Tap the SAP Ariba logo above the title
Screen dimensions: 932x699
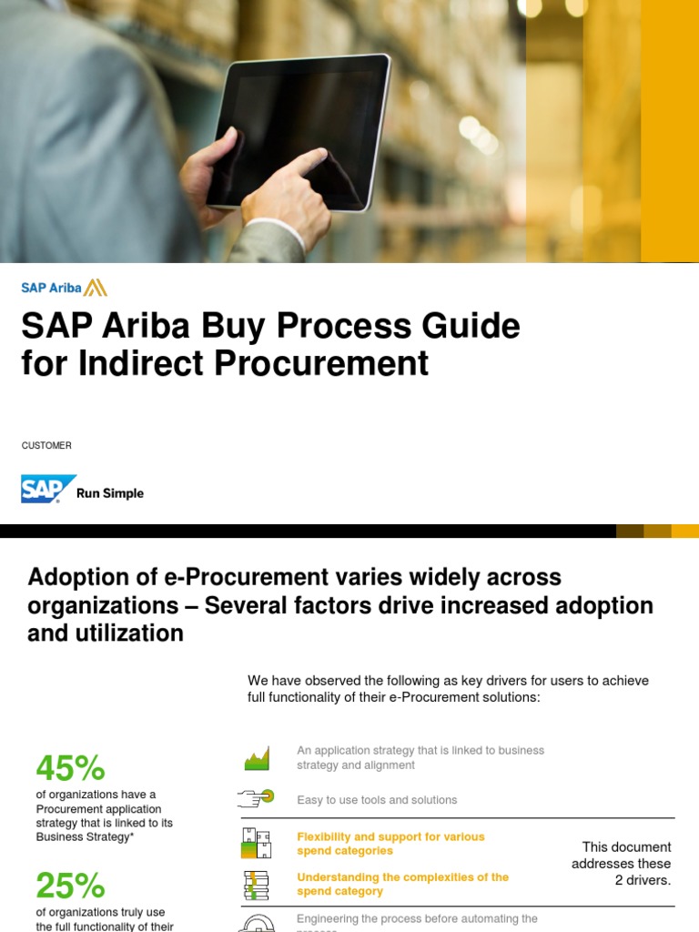click(x=64, y=289)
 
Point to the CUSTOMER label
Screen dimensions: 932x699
click(x=46, y=446)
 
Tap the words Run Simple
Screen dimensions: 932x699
click(x=110, y=493)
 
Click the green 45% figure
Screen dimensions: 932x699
click(x=70, y=768)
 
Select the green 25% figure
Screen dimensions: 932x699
click(x=70, y=885)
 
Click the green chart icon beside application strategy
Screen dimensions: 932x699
click(x=257, y=758)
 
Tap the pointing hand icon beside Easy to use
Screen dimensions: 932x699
click(x=256, y=798)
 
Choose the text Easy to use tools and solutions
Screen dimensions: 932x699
click(x=377, y=800)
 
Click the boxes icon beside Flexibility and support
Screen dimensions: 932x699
click(x=257, y=843)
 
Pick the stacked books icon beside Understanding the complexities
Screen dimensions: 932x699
click(x=257, y=885)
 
